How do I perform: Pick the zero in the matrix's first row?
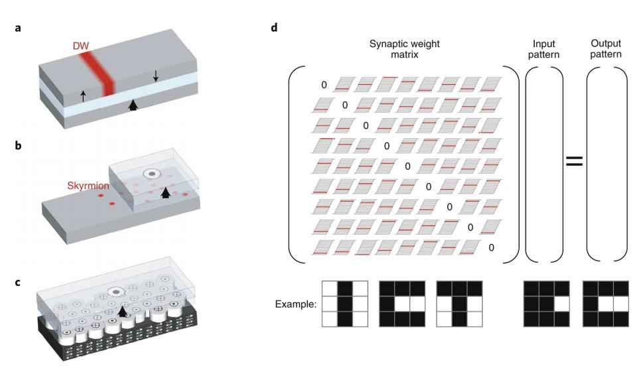click(324, 85)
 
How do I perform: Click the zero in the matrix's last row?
click(491, 247)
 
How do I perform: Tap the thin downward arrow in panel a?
click(156, 76)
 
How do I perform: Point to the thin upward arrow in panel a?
click(83, 95)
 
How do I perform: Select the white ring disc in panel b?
click(152, 174)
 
